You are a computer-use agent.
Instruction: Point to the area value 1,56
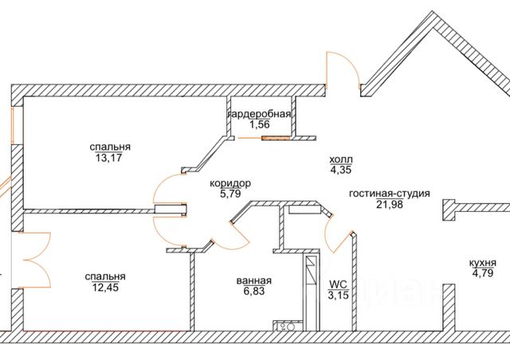260,125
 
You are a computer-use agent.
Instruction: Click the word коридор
229,183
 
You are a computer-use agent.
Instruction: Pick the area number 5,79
229,194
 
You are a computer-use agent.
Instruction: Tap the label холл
340,158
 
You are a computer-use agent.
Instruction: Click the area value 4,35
340,169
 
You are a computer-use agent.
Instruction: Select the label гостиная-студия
390,193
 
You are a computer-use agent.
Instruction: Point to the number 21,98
390,204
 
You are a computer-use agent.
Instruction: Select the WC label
338,284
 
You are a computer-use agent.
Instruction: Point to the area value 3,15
338,295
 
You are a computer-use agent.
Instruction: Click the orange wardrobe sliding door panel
276,136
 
